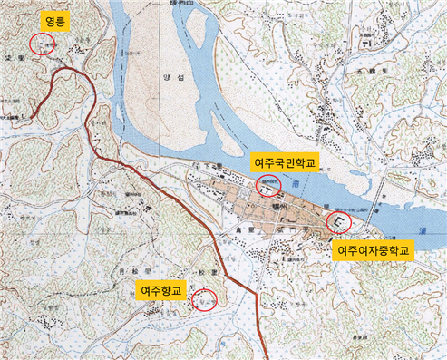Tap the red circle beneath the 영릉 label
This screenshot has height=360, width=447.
tap(40, 43)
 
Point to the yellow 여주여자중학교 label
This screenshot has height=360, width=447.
tap(374, 248)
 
